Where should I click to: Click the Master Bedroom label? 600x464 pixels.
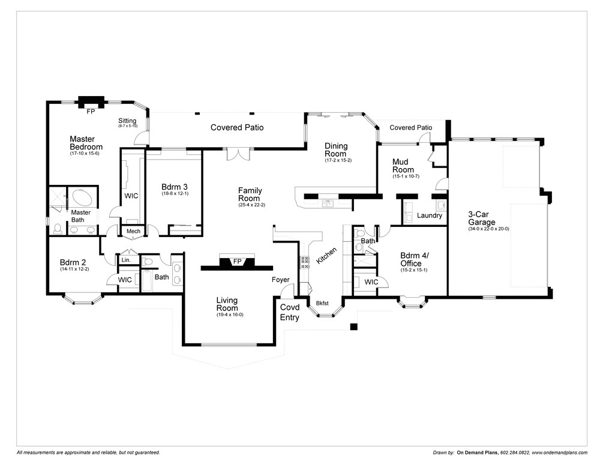(86, 143)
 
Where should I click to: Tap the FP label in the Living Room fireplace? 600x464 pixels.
(237, 262)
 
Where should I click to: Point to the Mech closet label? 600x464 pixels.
(133, 232)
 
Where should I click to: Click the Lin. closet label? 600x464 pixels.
(126, 261)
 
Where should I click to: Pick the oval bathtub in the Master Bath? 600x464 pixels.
(81, 197)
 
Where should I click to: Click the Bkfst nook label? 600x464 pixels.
(323, 304)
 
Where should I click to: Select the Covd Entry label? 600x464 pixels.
(290, 312)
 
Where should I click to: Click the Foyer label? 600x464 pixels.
(280, 280)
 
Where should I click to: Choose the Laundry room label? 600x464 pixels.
(430, 215)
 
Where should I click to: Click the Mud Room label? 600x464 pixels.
(403, 166)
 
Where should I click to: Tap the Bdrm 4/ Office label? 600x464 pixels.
(415, 259)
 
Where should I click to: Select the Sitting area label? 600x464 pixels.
(127, 121)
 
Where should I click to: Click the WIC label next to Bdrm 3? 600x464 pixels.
(131, 196)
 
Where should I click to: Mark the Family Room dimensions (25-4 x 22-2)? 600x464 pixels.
(251, 205)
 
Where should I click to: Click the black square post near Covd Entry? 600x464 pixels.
(354, 327)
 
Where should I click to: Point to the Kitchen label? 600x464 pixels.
(327, 256)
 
